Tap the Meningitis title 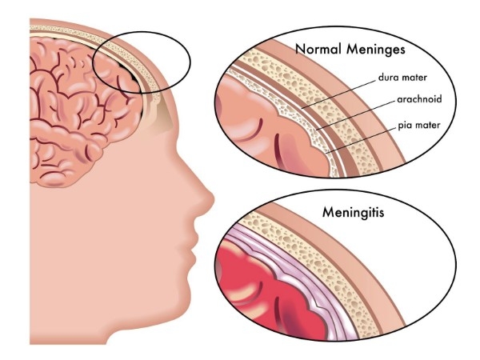point(353,213)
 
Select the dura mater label point(402,78)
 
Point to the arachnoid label point(419,99)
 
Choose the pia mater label point(418,126)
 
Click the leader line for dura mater point(338,94)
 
